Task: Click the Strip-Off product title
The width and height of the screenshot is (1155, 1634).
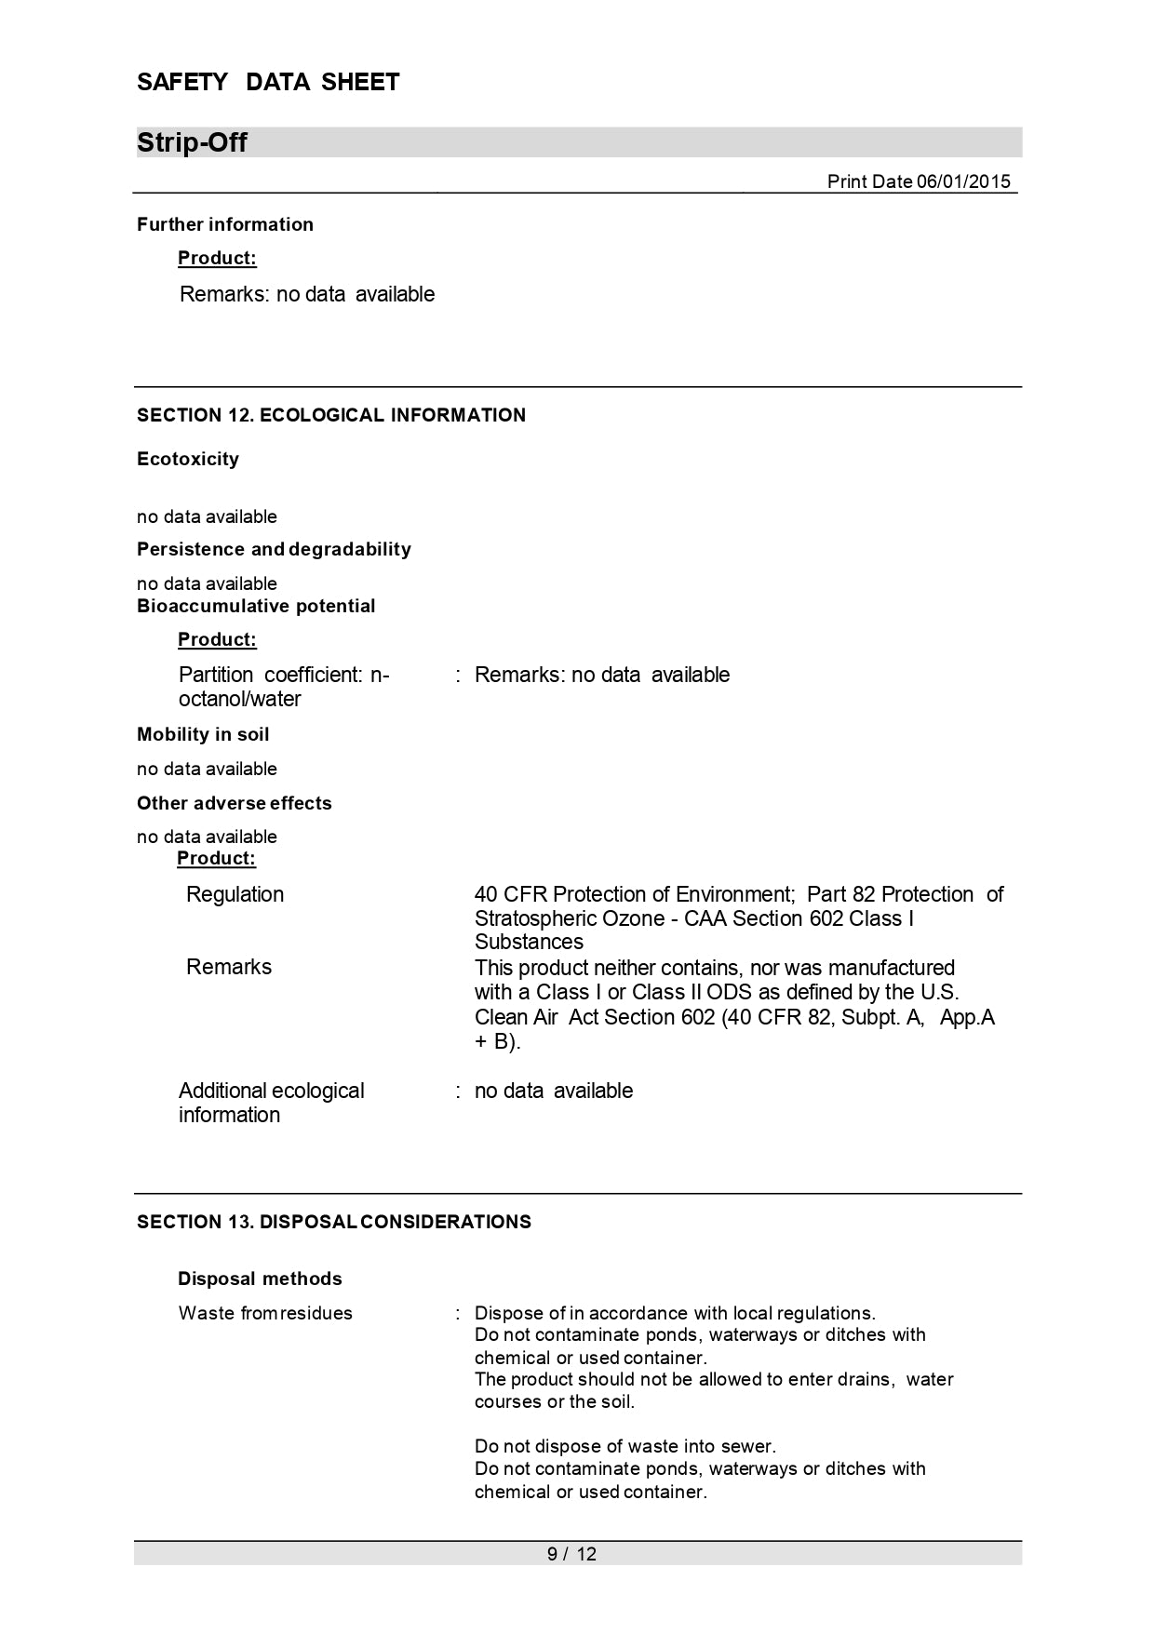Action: pos(192,143)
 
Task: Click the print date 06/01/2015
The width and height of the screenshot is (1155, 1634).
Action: pos(918,181)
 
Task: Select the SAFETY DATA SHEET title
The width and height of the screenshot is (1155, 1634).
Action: pos(268,83)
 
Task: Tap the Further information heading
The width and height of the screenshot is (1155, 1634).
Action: pos(225,224)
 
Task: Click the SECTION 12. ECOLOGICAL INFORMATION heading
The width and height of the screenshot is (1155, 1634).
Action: pos(331,415)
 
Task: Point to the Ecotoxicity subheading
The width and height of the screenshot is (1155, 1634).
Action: pos(188,459)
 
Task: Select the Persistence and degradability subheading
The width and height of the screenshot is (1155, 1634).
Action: pos(274,549)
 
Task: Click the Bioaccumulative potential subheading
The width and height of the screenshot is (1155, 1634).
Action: pos(256,606)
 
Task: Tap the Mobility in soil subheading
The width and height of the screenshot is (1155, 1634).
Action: pos(203,734)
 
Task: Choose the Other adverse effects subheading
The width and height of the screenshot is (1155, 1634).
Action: pos(235,803)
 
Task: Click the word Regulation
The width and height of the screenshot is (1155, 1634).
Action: pos(235,894)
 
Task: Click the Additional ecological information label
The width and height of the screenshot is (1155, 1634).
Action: pos(271,1102)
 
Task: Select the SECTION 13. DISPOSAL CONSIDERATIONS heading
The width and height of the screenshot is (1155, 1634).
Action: pos(334,1222)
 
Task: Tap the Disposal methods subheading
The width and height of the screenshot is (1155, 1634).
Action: pos(260,1279)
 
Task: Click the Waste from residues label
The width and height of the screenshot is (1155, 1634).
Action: pos(265,1313)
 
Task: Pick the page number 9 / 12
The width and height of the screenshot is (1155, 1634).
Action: pos(571,1554)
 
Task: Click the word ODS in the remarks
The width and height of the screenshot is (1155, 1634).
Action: pos(729,992)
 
